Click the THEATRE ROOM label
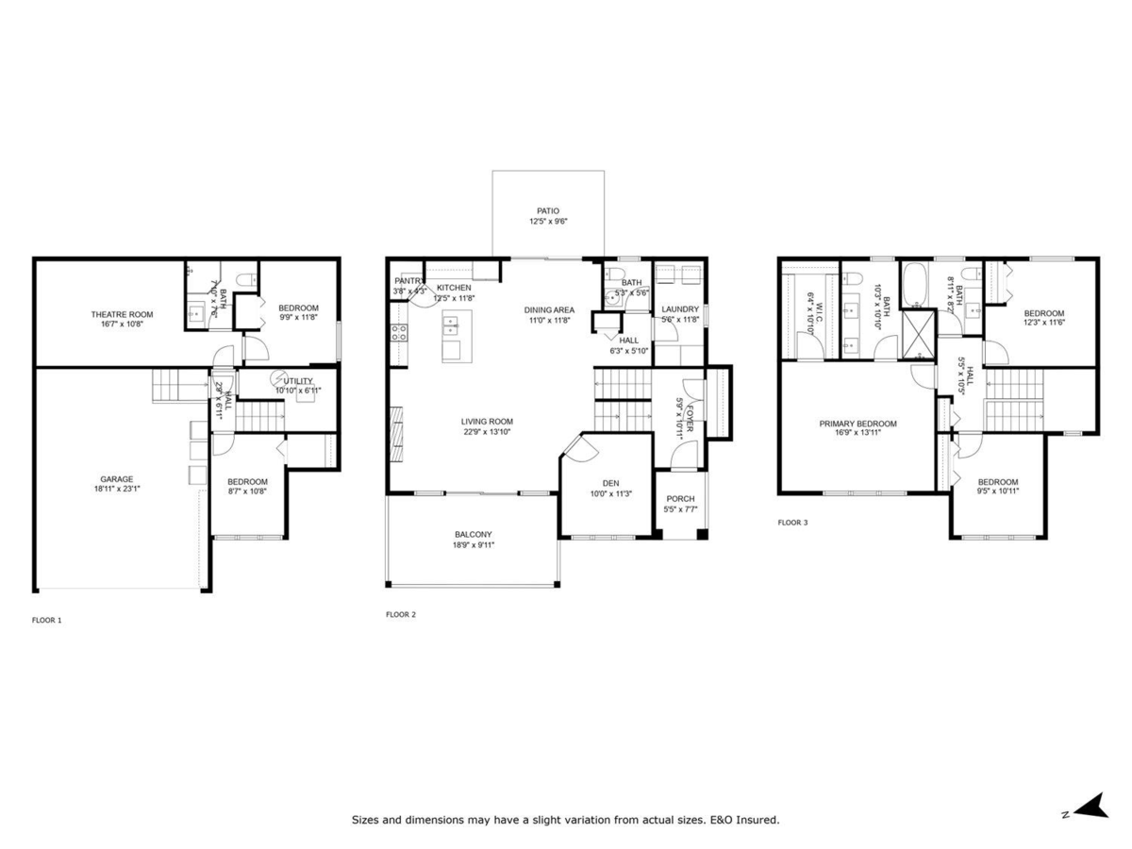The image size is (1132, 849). coord(122,314)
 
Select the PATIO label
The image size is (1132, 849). coord(548,211)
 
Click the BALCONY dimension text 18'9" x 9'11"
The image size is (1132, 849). coord(474,544)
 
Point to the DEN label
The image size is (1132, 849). coord(610,483)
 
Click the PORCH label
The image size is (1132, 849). coord(680,499)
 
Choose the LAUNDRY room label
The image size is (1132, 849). coord(680,309)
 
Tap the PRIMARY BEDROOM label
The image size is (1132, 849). coord(857,424)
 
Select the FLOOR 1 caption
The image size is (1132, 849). coord(46,620)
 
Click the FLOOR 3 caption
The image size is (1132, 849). coord(792,522)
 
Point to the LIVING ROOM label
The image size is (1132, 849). coord(487,422)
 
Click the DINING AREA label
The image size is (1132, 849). coord(549,309)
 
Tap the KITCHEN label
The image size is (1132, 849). coord(454,288)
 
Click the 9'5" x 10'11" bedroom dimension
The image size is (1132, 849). coord(997,491)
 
